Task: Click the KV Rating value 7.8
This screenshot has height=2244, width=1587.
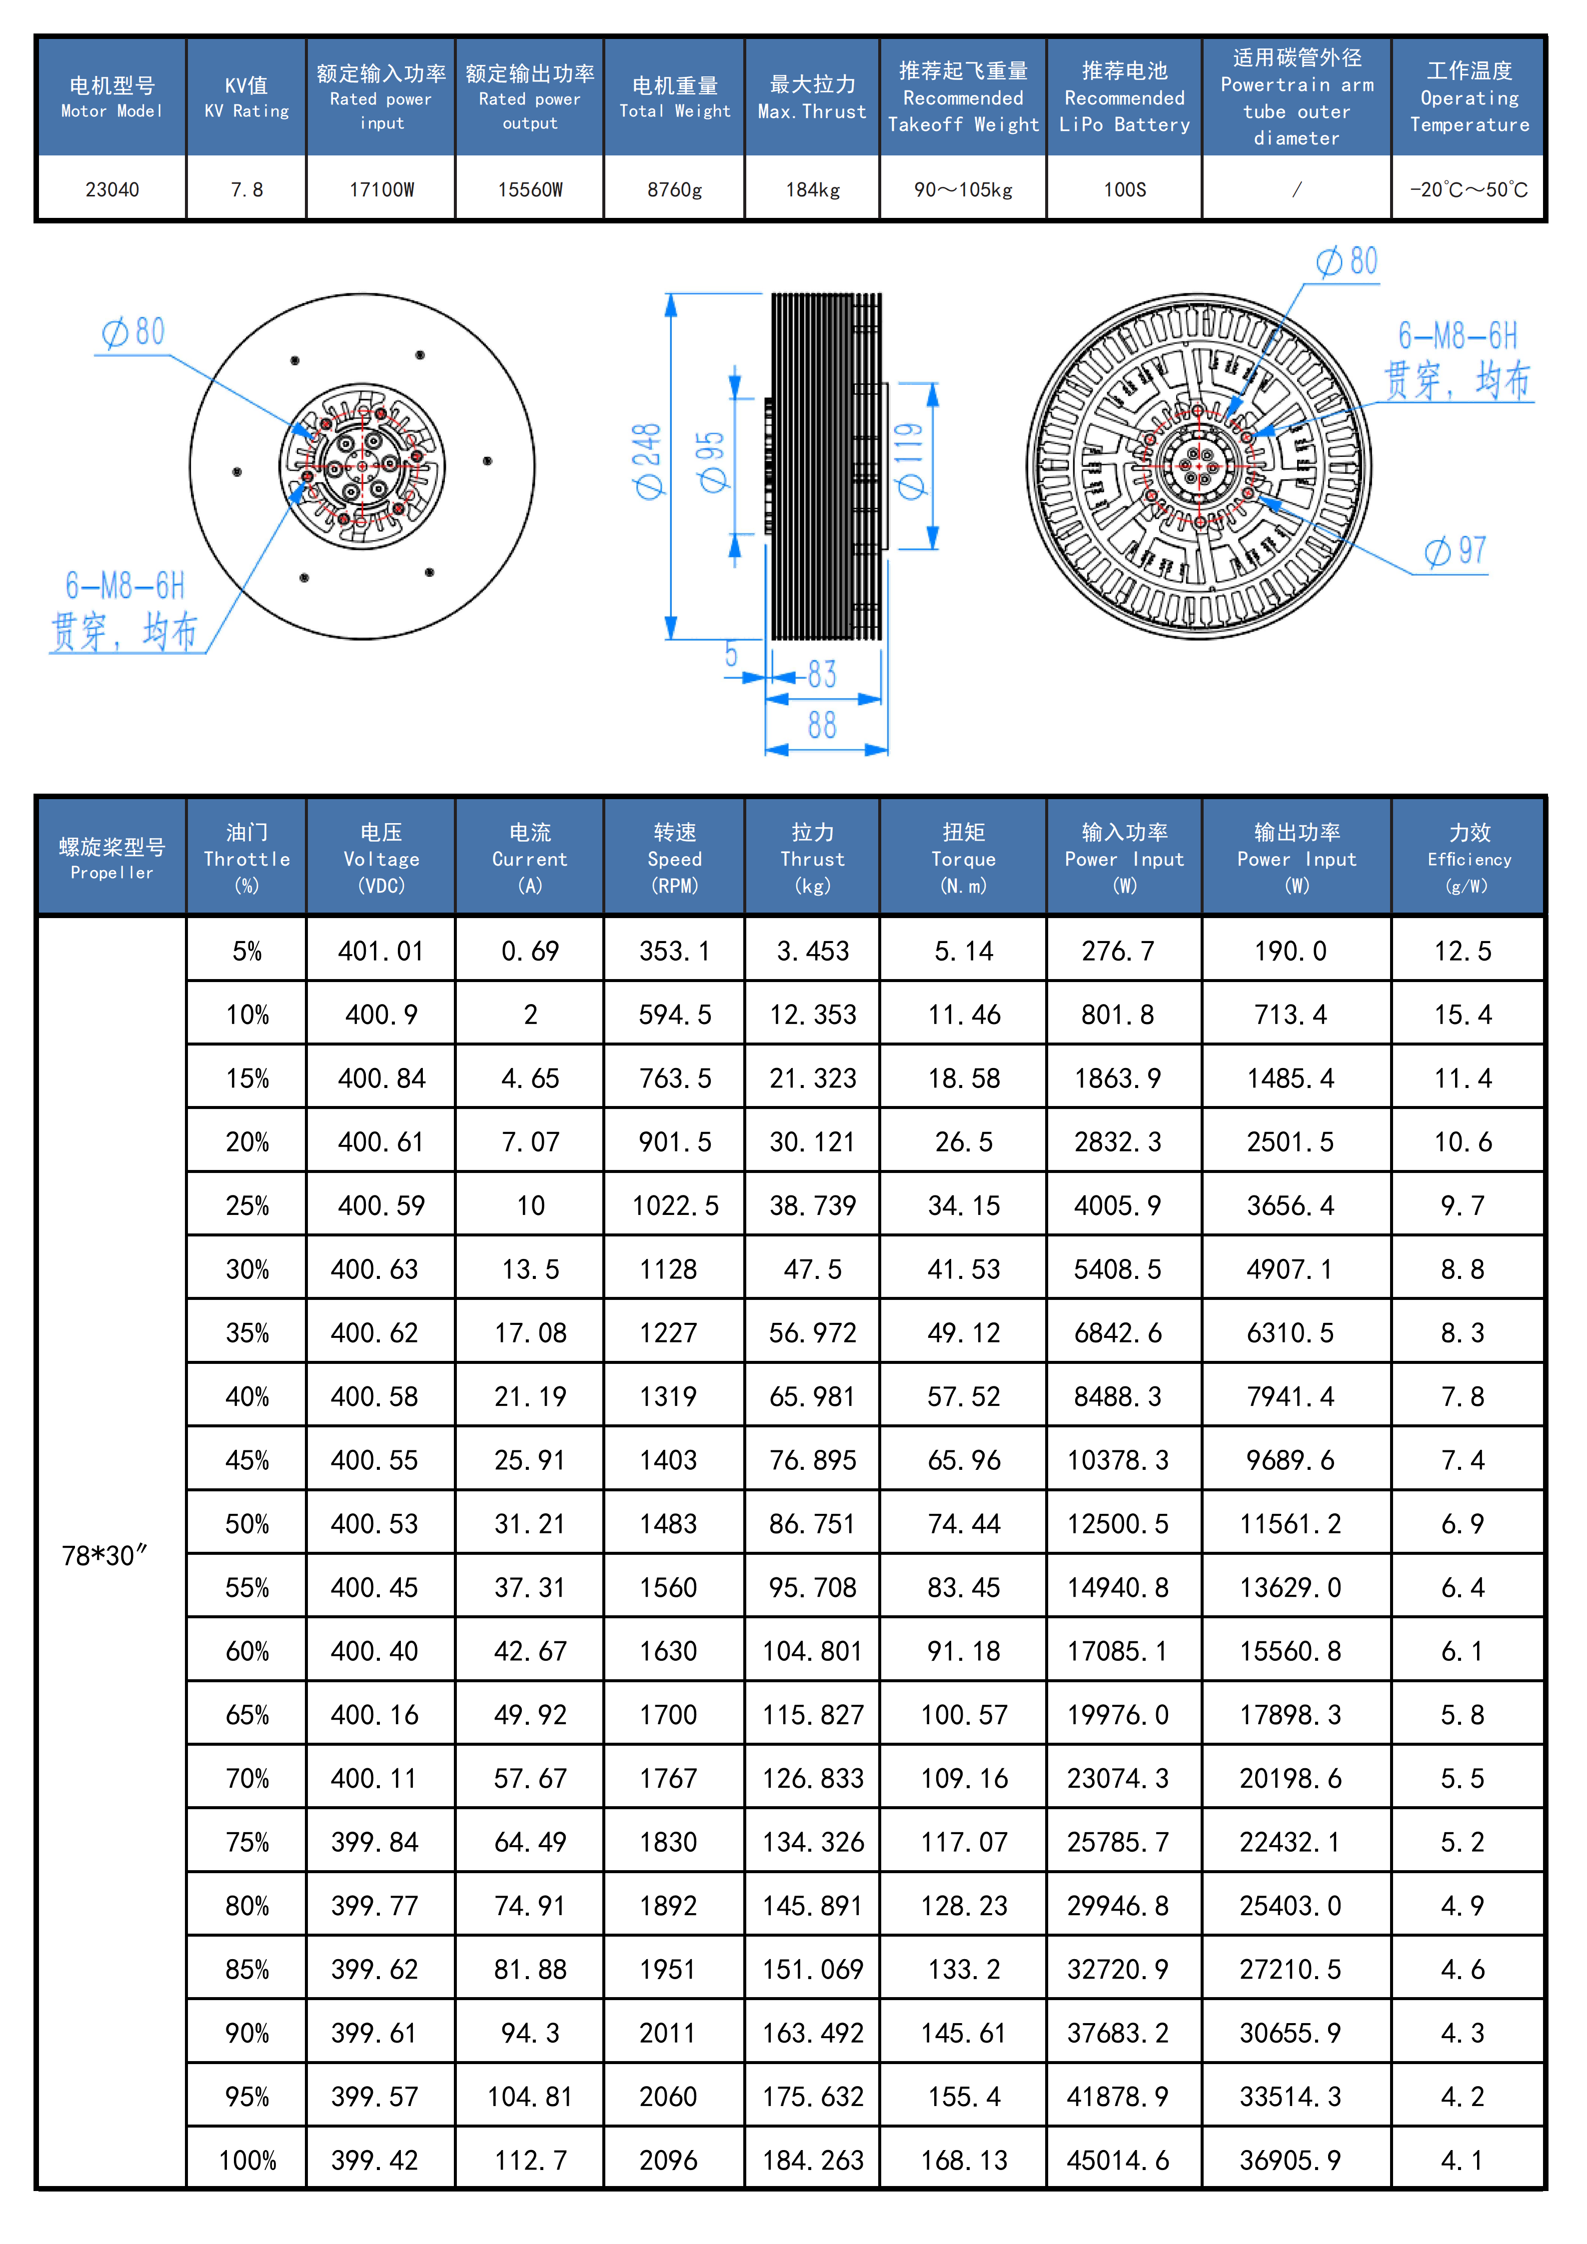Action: (x=246, y=189)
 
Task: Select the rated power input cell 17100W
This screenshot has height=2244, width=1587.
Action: (x=381, y=189)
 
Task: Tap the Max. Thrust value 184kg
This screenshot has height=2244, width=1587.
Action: (x=812, y=189)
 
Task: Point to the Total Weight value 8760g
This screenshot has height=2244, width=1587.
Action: (x=674, y=189)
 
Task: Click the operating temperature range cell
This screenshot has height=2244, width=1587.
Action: (x=1468, y=189)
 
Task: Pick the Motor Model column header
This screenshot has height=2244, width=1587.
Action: (x=111, y=97)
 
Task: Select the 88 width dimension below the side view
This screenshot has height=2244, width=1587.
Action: (x=822, y=725)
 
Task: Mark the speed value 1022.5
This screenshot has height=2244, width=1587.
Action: (x=674, y=1205)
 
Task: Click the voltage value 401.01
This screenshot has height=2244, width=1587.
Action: (x=380, y=951)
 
